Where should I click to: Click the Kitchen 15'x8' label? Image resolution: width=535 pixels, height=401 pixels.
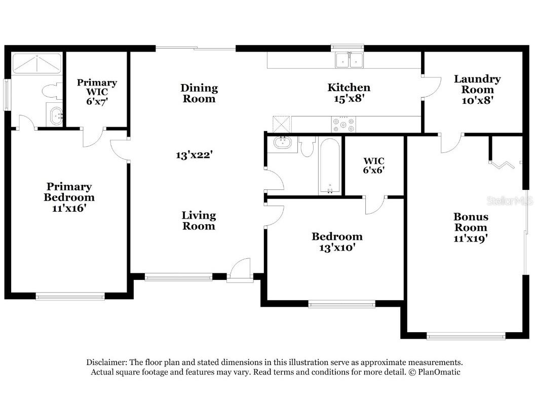click(349, 93)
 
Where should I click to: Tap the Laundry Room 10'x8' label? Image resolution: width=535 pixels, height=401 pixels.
click(477, 90)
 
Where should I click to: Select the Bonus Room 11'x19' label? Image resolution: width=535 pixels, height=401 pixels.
click(471, 227)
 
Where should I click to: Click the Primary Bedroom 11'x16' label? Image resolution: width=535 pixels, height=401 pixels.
click(69, 197)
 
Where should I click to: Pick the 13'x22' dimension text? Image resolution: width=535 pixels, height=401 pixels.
click(194, 155)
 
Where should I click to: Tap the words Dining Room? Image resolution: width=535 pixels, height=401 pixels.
click(199, 93)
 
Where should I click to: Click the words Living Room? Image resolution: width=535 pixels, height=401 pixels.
click(199, 221)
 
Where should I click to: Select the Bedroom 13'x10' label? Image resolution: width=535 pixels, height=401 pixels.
click(337, 242)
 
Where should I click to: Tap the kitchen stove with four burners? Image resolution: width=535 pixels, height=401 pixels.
click(343, 124)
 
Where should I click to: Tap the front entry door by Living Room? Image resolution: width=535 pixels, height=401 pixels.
click(239, 270)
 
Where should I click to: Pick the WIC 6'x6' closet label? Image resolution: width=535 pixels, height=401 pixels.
click(374, 166)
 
